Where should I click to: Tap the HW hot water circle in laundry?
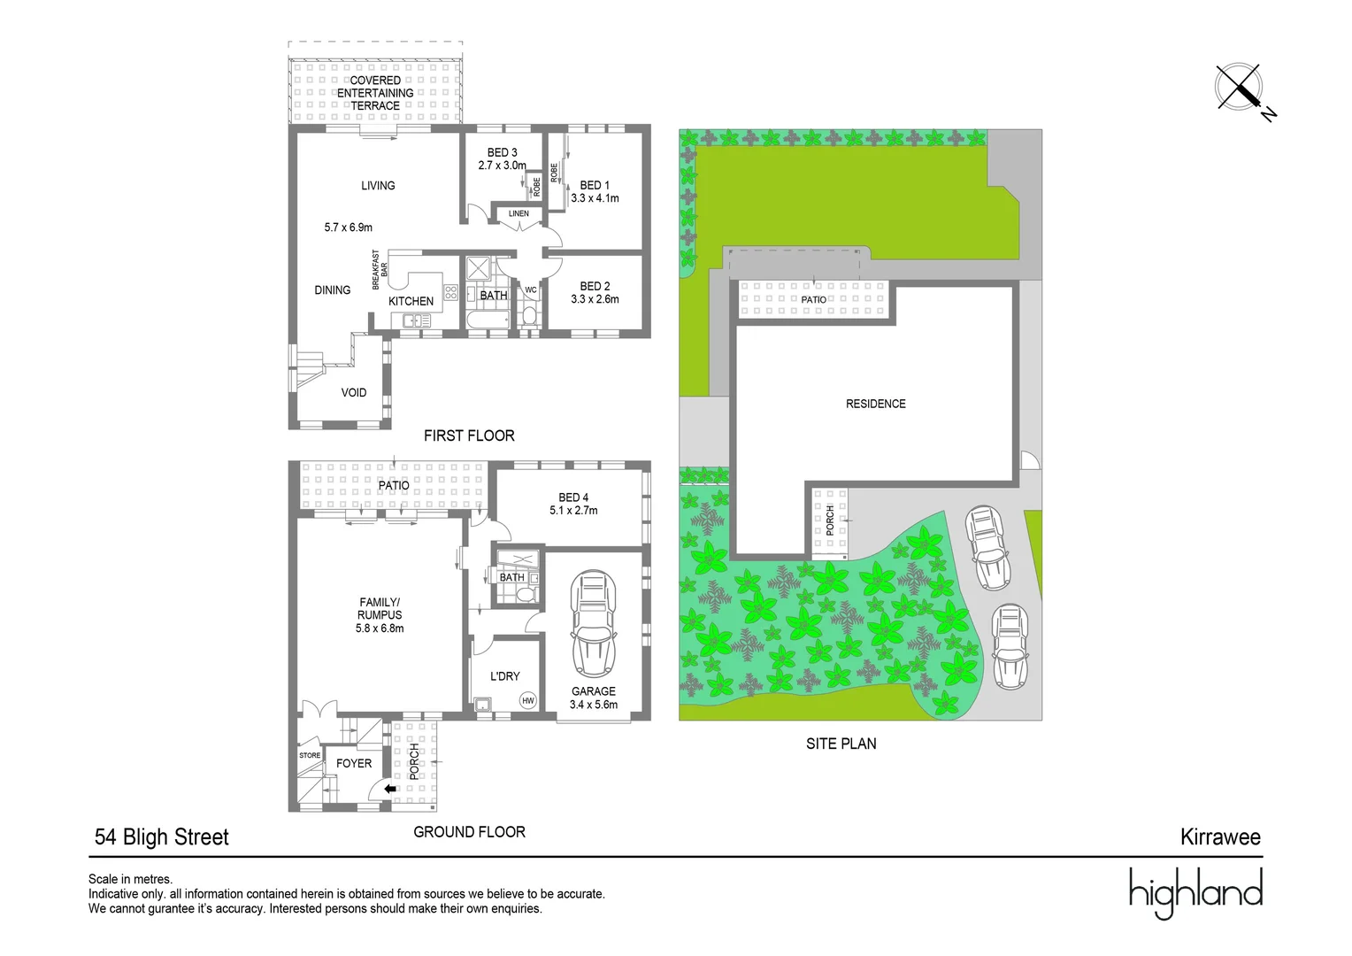coord(528,700)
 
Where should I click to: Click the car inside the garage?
coord(593,624)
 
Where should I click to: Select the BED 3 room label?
coord(502,152)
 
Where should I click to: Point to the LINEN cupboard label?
coord(519,213)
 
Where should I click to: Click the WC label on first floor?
coord(531,289)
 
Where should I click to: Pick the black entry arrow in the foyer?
coord(390,789)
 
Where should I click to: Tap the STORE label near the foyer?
coord(310,755)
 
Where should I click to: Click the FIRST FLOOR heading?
coord(469,436)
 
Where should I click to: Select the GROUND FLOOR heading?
coord(469,832)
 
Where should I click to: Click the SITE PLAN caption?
coord(841,744)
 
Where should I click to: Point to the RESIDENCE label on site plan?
coord(875,404)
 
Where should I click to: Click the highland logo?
coord(1195,892)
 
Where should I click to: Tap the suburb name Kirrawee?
coord(1219,836)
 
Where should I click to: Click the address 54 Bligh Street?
coord(162,836)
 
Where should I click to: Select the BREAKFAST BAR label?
coord(380,270)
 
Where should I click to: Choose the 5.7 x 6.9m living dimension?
coord(349,227)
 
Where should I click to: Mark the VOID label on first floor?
coord(354,392)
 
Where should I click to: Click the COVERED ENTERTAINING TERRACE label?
coord(375,93)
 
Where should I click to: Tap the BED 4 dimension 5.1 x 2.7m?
coord(573,511)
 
